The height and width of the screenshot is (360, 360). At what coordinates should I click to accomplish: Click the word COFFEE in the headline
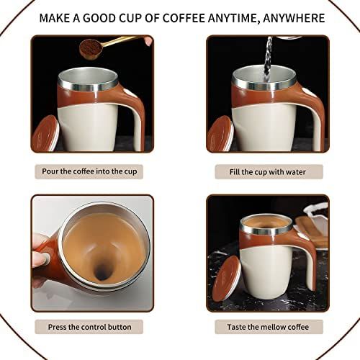coord(184,18)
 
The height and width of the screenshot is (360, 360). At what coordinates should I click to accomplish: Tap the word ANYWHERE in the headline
coord(294,18)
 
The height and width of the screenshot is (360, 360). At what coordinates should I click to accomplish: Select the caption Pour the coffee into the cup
coord(89,171)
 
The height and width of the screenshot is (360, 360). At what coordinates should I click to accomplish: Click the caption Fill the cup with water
coord(268,172)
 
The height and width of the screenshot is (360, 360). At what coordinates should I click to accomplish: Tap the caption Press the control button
coord(89,327)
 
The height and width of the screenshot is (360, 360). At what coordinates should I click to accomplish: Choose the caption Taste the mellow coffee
coord(268,327)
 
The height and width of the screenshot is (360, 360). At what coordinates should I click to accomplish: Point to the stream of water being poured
coord(268,59)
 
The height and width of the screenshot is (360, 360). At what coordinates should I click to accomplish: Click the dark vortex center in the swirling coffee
coord(102,272)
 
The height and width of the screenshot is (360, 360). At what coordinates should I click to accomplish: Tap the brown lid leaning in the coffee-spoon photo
coord(45,134)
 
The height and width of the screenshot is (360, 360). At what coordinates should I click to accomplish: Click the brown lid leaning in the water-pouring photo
coord(220,135)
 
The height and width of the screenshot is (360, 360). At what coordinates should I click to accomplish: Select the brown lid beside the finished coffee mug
coord(227,279)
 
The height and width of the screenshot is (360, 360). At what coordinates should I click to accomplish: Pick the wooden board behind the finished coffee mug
coord(311,232)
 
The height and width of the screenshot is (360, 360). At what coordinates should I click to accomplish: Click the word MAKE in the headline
coord(54,18)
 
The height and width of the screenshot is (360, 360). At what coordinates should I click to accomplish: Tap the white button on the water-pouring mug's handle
coord(306,91)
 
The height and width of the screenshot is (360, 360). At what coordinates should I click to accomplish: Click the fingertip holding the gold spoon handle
coord(149,41)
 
